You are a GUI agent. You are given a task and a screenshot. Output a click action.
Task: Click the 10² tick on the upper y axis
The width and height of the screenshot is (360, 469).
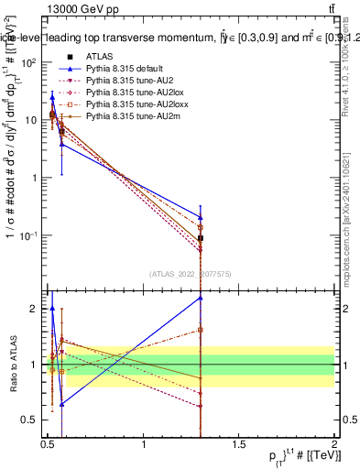(x=30, y=62)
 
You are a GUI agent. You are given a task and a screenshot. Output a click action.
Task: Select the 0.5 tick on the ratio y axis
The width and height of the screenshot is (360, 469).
(x=31, y=420)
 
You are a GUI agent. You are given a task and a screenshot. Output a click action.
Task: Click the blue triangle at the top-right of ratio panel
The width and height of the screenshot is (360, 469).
(x=201, y=298)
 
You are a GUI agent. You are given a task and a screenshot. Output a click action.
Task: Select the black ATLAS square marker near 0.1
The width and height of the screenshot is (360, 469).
(x=201, y=238)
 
